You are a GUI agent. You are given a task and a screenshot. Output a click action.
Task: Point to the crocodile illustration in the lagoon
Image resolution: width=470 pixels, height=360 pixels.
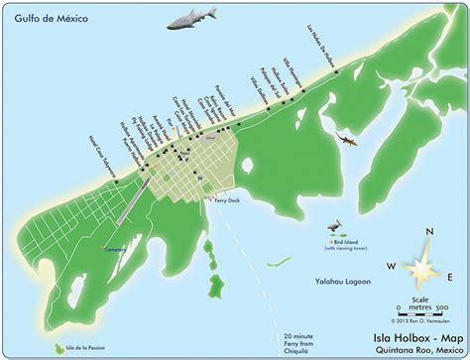point(346,141)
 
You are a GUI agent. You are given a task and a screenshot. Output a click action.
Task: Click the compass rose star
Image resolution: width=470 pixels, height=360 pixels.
point(420,265)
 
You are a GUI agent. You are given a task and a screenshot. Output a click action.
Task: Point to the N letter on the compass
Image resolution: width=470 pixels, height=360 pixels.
point(428,233)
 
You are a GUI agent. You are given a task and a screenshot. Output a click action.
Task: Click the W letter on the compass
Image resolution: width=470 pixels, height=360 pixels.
point(393,266)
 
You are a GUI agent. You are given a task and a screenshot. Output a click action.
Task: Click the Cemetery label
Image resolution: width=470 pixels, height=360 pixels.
point(116,249)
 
